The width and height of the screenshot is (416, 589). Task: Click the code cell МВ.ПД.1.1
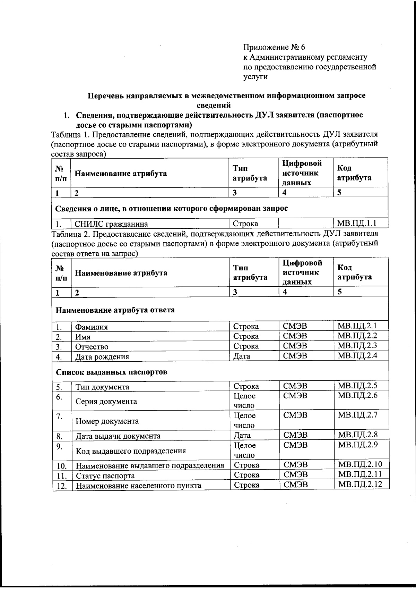357,223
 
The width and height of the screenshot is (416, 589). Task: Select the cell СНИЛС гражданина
112,224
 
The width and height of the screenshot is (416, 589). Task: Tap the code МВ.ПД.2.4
357,355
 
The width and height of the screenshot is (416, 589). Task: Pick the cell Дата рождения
102,357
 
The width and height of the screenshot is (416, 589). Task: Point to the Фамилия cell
92,327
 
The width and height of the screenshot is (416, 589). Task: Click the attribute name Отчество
92,347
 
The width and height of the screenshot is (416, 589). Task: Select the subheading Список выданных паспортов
112,372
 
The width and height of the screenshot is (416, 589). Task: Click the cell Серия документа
106,402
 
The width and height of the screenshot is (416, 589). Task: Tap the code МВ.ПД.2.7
358,415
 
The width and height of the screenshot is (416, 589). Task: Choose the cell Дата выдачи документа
118,436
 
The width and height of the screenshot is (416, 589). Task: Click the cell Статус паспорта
105,476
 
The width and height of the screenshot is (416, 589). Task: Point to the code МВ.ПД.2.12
360,484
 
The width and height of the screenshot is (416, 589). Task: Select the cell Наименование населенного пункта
138,486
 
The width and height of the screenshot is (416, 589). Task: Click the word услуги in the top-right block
255,77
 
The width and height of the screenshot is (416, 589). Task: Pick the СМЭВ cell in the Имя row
295,336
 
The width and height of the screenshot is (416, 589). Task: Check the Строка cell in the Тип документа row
246,386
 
